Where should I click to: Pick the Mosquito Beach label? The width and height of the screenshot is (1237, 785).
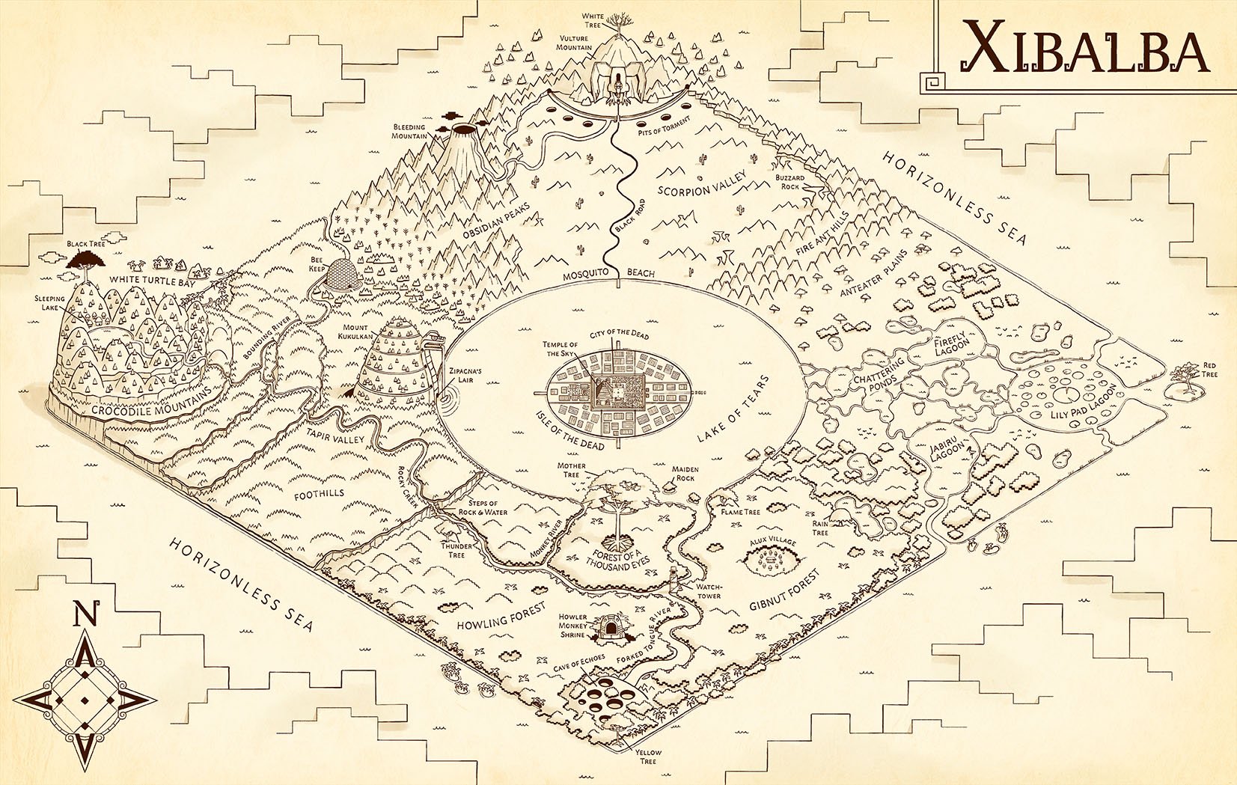click(608, 275)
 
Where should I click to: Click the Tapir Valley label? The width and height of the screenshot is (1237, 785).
click(335, 436)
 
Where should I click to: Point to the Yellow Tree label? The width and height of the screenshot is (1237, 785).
click(648, 757)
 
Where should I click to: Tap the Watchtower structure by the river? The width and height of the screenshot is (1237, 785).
click(674, 579)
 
